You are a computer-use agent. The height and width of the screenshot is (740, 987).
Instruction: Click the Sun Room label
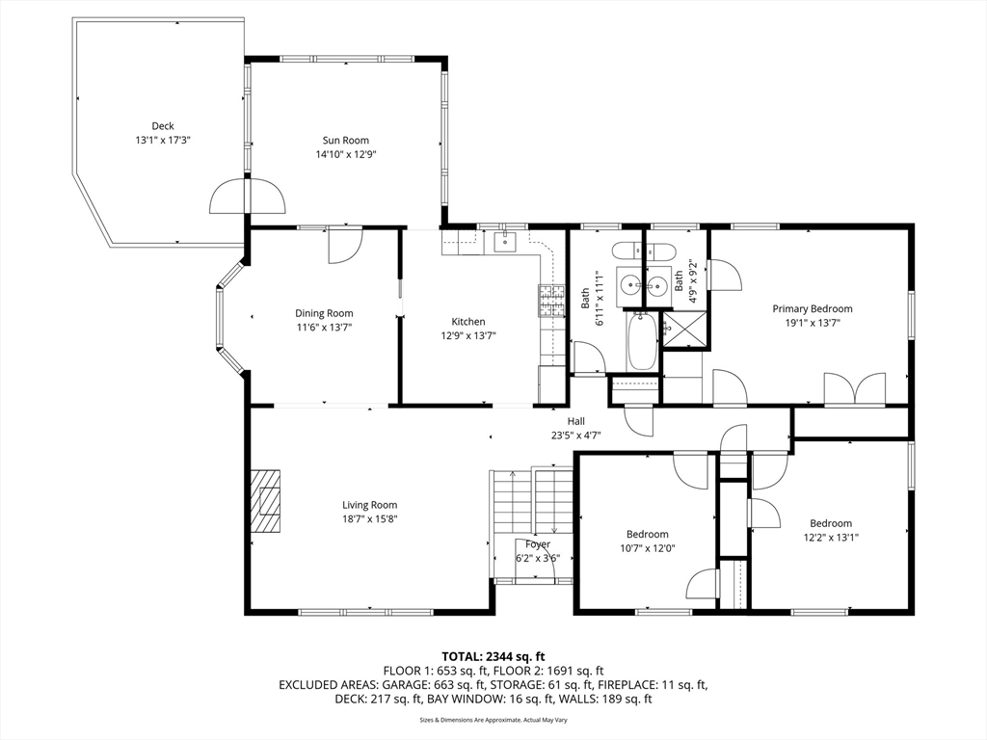[x=346, y=141]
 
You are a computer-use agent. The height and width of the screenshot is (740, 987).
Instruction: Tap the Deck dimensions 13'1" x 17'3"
[x=162, y=141]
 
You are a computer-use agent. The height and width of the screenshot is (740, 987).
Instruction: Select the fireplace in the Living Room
[x=266, y=501]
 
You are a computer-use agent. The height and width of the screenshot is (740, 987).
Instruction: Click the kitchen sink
[x=505, y=242]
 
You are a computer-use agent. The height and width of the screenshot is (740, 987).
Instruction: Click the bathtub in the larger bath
[x=641, y=342]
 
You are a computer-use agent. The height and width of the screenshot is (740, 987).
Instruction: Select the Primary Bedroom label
[x=812, y=308]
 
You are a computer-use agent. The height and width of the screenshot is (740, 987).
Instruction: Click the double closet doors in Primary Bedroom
[x=855, y=389]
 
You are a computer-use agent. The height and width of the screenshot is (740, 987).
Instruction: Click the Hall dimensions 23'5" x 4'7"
[x=576, y=435]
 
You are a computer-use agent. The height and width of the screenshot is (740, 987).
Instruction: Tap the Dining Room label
[x=324, y=313]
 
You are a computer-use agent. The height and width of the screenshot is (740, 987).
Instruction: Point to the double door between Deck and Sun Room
[x=248, y=196]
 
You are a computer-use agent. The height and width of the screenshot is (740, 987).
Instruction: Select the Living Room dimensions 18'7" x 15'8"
[x=369, y=519]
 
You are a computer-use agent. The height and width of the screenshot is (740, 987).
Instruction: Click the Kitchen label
[x=468, y=322]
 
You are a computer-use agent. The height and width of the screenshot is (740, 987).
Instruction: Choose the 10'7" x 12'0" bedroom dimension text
[x=647, y=548]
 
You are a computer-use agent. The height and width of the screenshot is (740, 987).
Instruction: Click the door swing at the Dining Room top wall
[x=345, y=246]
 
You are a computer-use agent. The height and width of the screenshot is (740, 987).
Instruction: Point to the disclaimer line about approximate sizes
[x=493, y=720]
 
